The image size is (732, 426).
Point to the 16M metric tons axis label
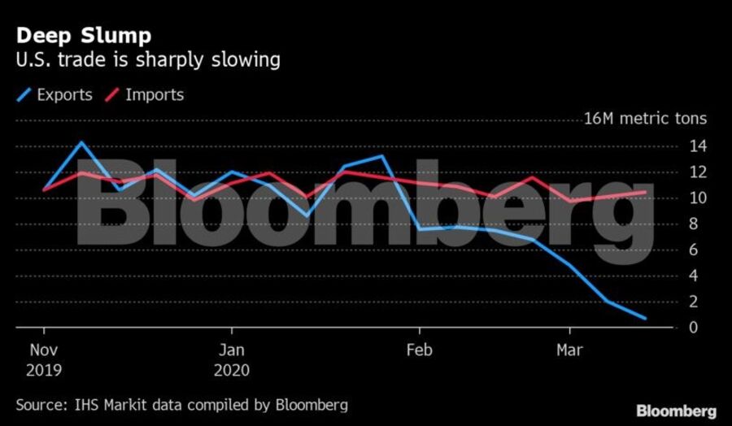[645, 119]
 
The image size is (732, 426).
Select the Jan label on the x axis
[232, 351]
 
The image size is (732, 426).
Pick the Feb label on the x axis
[420, 351]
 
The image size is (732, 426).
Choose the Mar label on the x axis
[569, 351]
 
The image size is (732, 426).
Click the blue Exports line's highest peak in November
[81, 142]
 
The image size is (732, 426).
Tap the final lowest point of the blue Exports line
[646, 319]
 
